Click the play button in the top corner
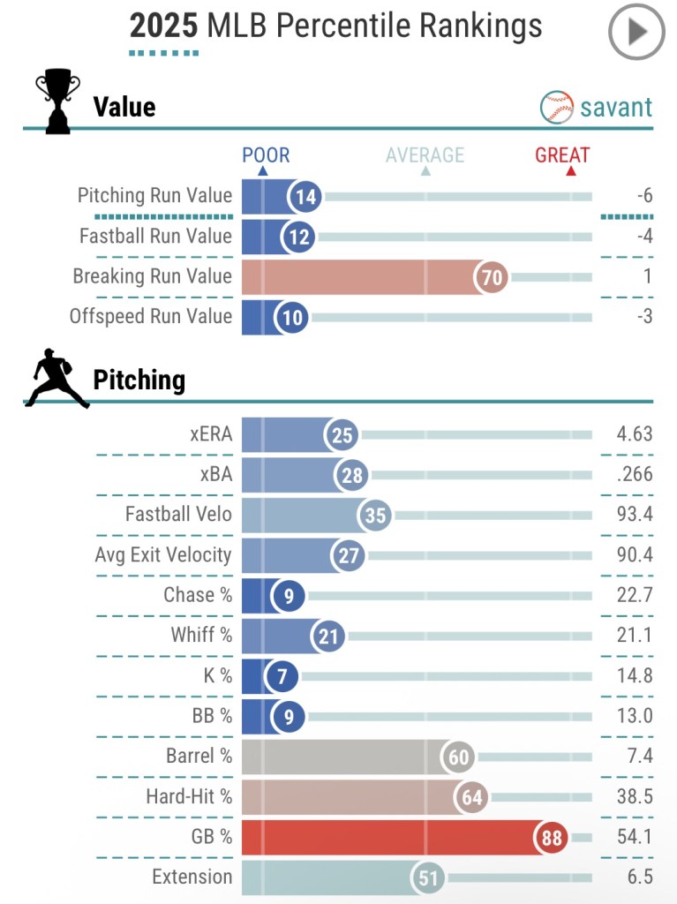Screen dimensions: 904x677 (636, 32)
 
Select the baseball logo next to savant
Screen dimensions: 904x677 (556, 108)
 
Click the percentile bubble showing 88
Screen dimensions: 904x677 (552, 838)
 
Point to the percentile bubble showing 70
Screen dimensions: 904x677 (491, 277)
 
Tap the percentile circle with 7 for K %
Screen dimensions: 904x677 (282, 677)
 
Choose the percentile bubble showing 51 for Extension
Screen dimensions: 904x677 (429, 878)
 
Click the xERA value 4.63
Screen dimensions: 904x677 (635, 434)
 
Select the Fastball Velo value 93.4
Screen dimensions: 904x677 (635, 515)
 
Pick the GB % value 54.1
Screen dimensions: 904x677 (635, 837)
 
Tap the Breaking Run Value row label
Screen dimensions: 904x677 (152, 276)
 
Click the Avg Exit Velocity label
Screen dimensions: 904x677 (163, 555)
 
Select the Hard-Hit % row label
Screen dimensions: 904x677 (189, 797)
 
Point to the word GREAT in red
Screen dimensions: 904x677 (562, 156)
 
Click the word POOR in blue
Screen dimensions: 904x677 (266, 156)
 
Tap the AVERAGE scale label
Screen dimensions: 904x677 (425, 156)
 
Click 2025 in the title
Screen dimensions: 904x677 (163, 26)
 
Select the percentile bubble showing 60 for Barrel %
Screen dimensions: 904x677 (459, 757)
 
